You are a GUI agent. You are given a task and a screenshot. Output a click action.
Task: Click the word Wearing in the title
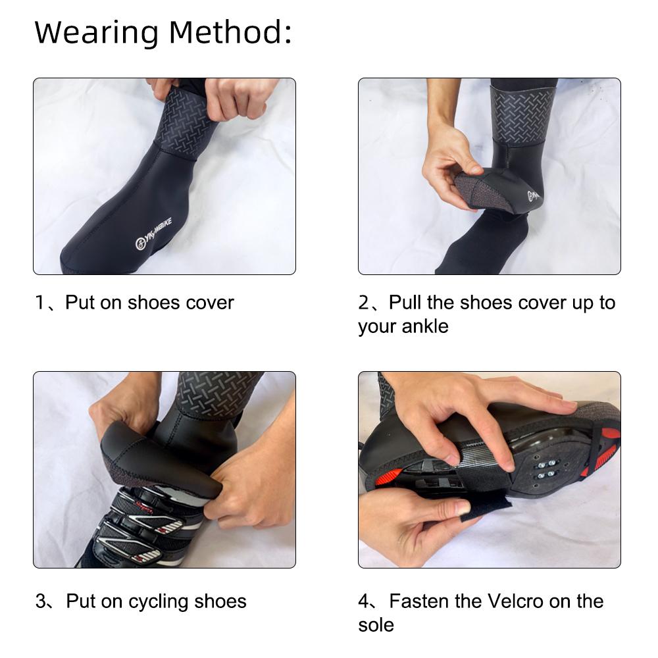pyautogui.click(x=97, y=34)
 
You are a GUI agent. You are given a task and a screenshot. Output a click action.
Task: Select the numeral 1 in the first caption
pyautogui.click(x=40, y=303)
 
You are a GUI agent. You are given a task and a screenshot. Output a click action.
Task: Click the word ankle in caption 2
pyautogui.click(x=424, y=326)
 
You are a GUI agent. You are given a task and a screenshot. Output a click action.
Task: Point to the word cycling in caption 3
pyautogui.click(x=158, y=602)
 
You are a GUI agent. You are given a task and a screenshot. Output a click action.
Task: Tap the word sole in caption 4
pyautogui.click(x=376, y=625)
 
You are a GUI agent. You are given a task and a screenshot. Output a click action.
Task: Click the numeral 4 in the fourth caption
pyautogui.click(x=363, y=601)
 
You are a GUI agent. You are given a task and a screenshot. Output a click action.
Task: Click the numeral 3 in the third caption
pyautogui.click(x=41, y=601)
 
